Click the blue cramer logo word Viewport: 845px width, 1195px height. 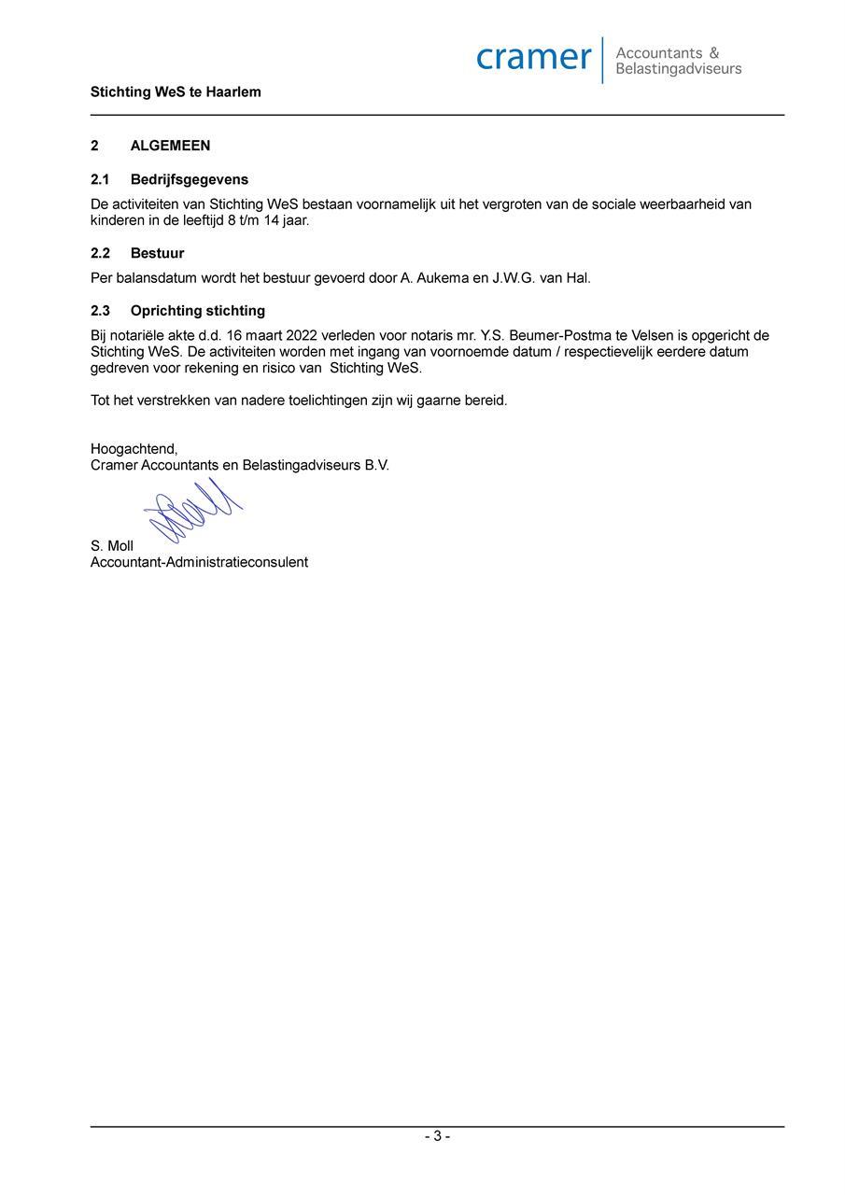coord(533,58)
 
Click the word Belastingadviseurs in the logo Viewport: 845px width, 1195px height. coord(679,69)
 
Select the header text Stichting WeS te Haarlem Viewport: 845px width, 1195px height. coord(176,92)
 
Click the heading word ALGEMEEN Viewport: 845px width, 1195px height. coord(170,146)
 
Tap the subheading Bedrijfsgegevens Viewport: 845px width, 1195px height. coord(190,179)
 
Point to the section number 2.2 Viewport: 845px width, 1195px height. coord(100,253)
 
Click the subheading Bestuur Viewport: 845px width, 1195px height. coord(157,253)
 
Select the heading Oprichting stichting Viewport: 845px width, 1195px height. coord(198,311)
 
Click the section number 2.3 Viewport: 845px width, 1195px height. coord(100,311)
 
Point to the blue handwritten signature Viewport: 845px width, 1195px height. coord(191,511)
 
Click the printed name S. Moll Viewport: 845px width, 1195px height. coord(112,546)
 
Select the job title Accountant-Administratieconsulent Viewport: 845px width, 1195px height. coord(199,562)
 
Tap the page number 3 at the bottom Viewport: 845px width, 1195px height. coord(437,1136)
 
